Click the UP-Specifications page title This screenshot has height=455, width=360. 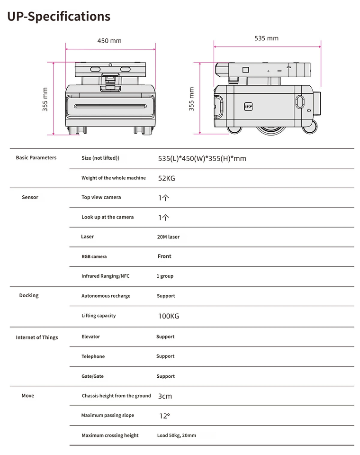click(59, 17)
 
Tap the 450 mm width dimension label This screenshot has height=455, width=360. click(109, 41)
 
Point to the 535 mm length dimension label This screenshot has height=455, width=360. click(266, 38)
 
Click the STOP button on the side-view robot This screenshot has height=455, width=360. click(248, 107)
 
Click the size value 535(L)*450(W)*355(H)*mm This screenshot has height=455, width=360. click(202, 158)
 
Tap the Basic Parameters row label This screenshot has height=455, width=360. click(36, 158)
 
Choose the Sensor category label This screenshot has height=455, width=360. click(30, 197)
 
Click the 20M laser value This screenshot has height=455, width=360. click(168, 237)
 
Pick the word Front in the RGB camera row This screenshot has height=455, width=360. click(164, 256)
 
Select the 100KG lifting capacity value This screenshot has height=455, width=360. click(168, 316)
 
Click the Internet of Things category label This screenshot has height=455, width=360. click(37, 337)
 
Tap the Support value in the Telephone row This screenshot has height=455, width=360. click(165, 356)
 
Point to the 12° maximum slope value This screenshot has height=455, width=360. click(164, 416)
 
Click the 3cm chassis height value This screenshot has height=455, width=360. click(165, 396)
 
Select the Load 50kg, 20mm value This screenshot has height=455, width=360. click(176, 436)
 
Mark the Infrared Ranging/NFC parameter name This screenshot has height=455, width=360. click(105, 276)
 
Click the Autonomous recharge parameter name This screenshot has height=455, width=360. click(106, 296)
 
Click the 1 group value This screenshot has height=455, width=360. click(165, 276)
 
